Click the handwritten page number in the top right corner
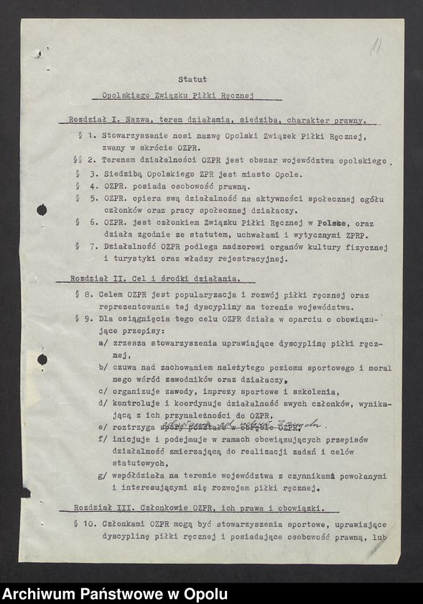(374, 49)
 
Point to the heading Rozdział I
(93, 121)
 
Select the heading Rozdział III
(98, 508)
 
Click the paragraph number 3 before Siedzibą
(93, 174)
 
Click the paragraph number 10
(88, 523)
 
